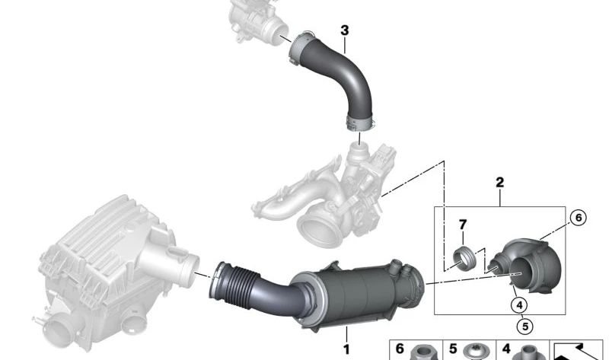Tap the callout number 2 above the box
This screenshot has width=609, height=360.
[x=499, y=183]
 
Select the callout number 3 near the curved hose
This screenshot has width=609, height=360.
[x=345, y=30]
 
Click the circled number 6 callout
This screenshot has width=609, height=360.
[x=576, y=218]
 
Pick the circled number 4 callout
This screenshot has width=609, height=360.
[x=521, y=305]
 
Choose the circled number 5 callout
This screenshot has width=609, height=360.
[x=524, y=327]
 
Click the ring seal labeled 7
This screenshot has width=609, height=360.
[x=462, y=258]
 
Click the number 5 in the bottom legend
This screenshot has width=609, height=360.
[x=452, y=349]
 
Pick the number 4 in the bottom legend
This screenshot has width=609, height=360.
[x=505, y=349]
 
